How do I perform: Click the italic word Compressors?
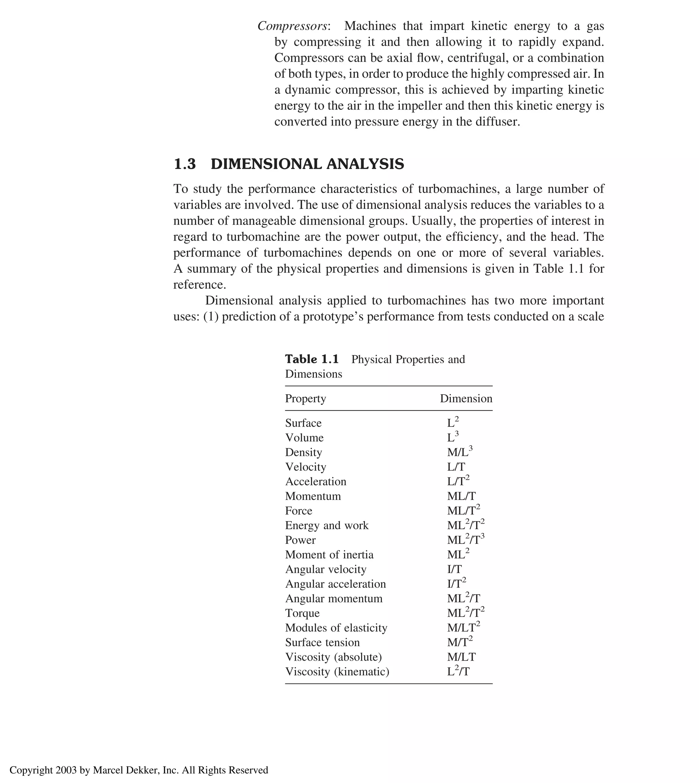click(292, 26)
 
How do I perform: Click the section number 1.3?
click(185, 164)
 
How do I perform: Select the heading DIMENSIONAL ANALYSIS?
click(307, 164)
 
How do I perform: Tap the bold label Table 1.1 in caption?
click(312, 359)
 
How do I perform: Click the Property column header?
click(305, 399)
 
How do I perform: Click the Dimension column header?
click(466, 399)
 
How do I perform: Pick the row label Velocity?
click(306, 467)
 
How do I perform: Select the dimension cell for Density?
click(459, 452)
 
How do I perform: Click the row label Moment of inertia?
click(329, 555)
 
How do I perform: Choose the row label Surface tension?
click(322, 642)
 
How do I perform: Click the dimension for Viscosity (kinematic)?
click(458, 672)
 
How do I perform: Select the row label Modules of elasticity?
click(336, 628)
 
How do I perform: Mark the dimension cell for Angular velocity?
click(454, 569)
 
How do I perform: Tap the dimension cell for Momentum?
click(461, 496)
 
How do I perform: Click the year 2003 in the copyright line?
click(67, 770)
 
